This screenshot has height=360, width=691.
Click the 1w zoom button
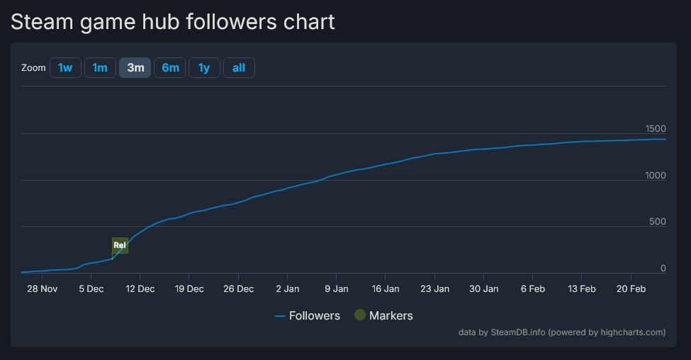(65, 67)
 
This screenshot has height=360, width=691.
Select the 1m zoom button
(100, 67)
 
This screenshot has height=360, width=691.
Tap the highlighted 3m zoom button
(135, 67)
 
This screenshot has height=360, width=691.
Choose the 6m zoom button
(170, 67)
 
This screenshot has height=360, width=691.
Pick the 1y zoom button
(204, 67)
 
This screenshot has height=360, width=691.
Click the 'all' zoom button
(239, 67)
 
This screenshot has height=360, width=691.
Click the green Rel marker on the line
(120, 245)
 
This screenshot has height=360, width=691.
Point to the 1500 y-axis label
(656, 128)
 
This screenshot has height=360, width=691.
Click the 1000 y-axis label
(656, 175)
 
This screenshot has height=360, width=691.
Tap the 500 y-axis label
(658, 222)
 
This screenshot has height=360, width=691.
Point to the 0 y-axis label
(663, 268)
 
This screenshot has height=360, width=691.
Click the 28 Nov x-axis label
(42, 288)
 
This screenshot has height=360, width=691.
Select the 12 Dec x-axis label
(140, 288)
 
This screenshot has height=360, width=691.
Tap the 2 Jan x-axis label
(288, 288)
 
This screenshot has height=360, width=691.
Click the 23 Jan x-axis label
(434, 288)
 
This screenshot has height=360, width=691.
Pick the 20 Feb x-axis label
(631, 288)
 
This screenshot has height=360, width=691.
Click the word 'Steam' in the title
(42, 22)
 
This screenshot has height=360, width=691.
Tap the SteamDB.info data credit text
(518, 332)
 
